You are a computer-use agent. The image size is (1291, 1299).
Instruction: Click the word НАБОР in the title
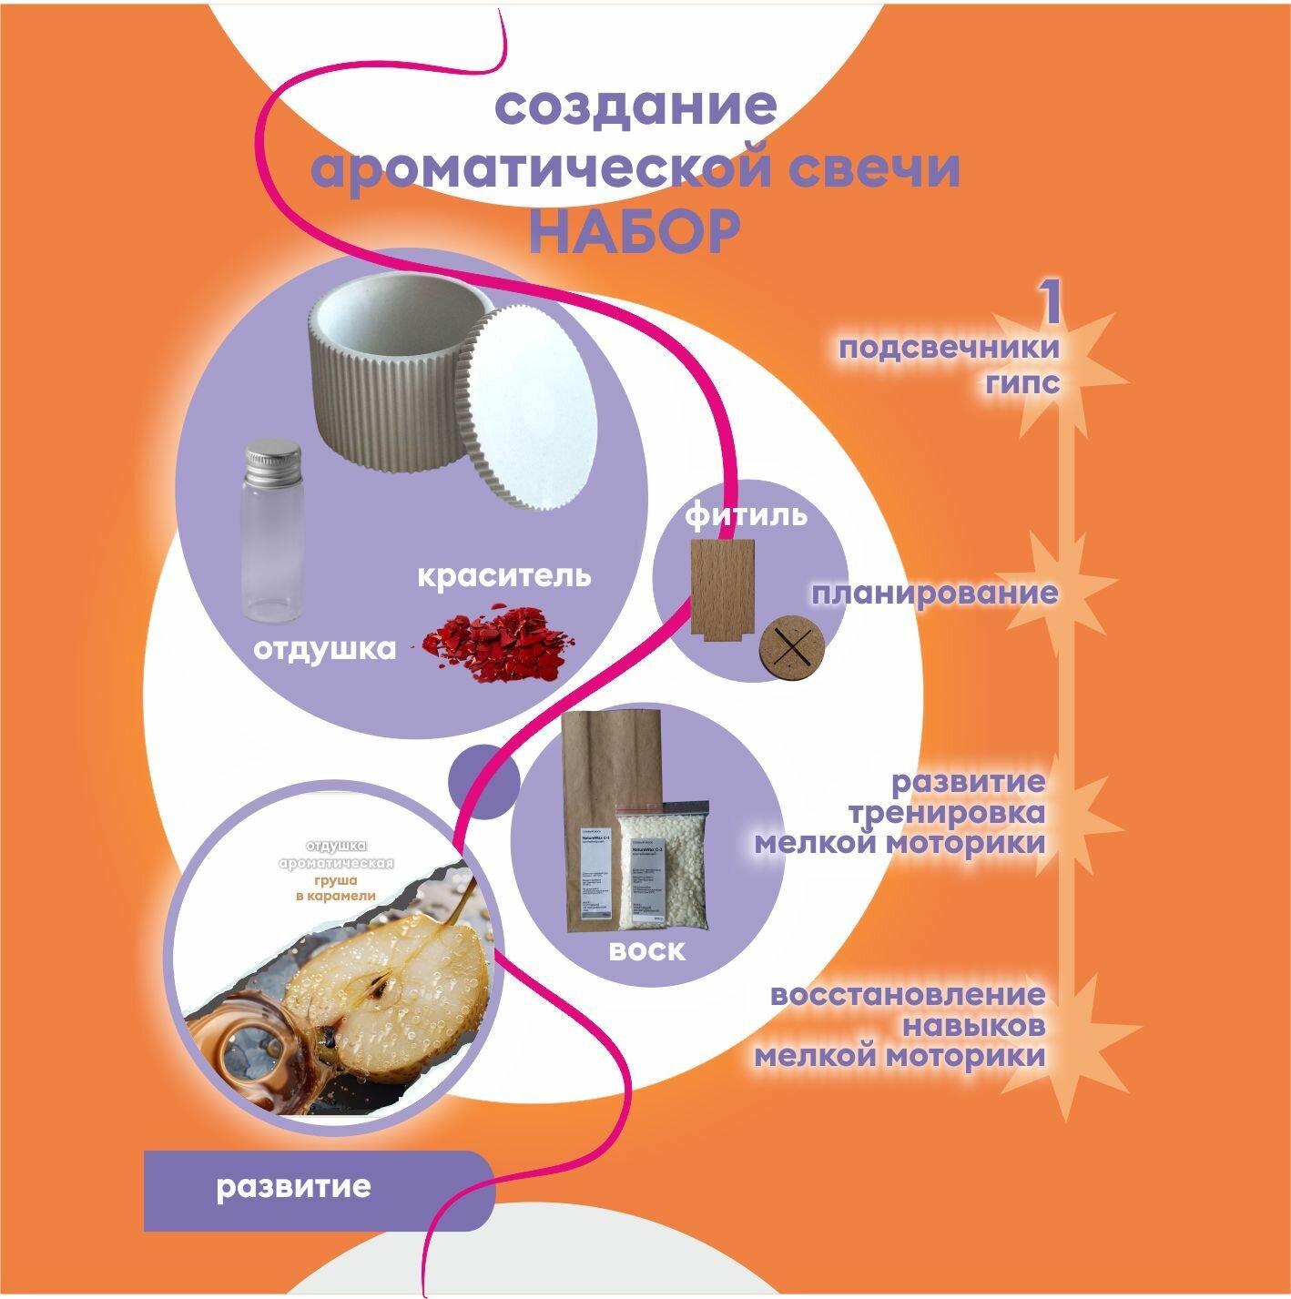coord(634,232)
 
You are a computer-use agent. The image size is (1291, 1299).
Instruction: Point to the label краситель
coord(503,576)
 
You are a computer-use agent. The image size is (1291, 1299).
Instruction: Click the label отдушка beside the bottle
coord(325,649)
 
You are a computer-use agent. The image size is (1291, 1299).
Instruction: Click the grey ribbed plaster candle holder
coord(382,382)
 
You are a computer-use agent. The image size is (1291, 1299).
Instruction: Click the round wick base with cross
coord(791,648)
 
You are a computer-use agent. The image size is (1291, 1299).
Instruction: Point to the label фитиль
coord(746,515)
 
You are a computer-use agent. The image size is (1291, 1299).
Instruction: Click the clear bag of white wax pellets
coord(662,869)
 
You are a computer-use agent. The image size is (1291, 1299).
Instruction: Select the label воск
coord(646,951)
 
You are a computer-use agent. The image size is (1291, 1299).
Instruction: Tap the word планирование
coord(934,594)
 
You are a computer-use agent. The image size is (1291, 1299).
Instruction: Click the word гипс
coord(1022,381)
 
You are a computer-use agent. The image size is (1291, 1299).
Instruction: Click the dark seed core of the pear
coord(376,985)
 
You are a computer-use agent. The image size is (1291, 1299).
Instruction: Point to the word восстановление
coord(908,994)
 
